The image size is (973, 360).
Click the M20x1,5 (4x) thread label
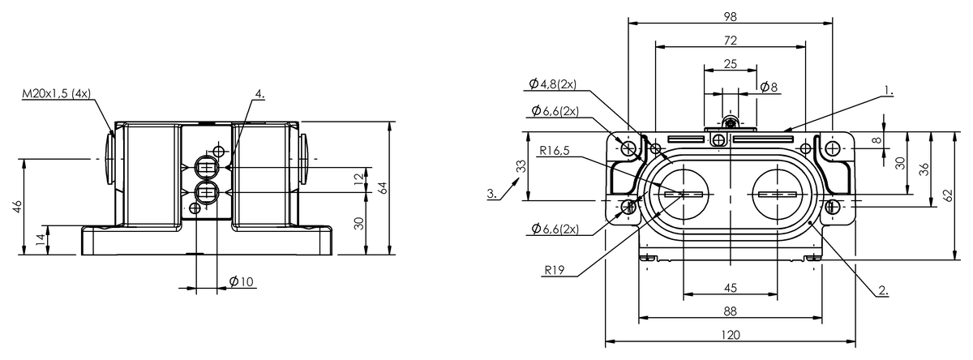[x=57, y=94]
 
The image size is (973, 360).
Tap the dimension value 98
[x=731, y=17]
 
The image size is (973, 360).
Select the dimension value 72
[x=731, y=41]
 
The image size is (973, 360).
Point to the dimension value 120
[x=731, y=335]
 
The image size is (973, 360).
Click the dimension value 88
[x=731, y=311]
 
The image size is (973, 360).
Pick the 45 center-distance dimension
[x=731, y=288]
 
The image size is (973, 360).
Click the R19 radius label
[x=555, y=270]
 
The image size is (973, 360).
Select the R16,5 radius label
[x=555, y=151]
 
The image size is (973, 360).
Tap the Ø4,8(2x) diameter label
[x=553, y=84]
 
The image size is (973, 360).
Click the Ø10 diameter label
[x=241, y=281]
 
